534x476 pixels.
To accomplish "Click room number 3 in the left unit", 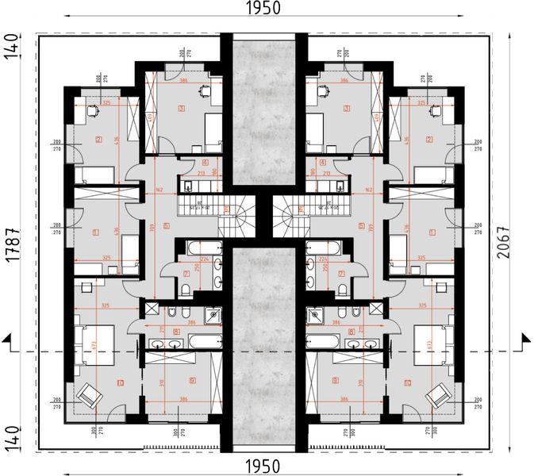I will click(x=182, y=109).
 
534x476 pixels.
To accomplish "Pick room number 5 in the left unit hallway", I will click(x=167, y=225).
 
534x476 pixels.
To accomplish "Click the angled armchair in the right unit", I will click(x=436, y=392).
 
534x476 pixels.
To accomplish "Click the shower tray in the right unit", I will click(x=316, y=316).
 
